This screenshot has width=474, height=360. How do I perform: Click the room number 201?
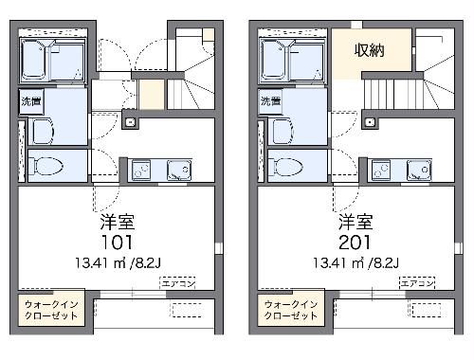[355, 242]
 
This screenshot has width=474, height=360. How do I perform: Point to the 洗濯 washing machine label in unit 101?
[30, 100]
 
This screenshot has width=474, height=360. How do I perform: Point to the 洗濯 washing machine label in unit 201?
[270, 100]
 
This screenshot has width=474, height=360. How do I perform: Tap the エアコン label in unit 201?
[416, 283]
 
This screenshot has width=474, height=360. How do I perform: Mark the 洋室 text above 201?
[355, 222]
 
